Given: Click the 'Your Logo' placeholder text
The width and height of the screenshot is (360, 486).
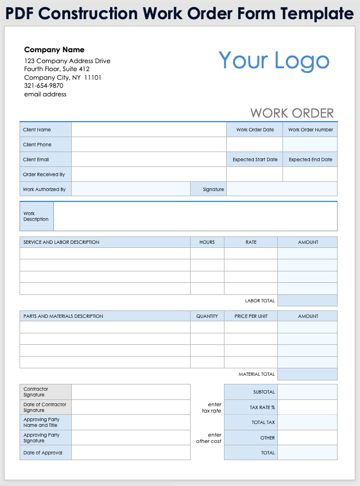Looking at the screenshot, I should pos(274,61).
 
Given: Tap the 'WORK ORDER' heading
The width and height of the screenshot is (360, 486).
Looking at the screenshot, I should pos(292,113).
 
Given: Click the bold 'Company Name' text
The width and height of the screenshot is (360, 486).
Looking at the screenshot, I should pos(54,50).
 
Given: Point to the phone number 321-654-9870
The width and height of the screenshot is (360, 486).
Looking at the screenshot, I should pos(44,85).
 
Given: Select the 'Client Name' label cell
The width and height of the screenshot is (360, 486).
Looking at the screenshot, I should pos(45,130).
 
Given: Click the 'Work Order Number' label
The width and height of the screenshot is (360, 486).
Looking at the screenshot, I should pos(310,130).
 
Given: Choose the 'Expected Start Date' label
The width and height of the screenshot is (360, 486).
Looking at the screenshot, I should pos(255,160).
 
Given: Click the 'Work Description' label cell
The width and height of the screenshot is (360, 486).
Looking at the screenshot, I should pos(36,216).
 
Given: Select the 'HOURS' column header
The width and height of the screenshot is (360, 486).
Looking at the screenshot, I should pos(207,242).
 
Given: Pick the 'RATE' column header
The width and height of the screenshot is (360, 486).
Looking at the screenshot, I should pos(251,242).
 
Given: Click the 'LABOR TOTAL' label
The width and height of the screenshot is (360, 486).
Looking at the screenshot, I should pos(260,301).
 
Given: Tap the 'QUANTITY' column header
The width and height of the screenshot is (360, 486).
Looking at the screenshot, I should pos(207,316).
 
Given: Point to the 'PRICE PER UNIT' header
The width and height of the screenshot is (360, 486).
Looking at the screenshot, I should pos(251,316).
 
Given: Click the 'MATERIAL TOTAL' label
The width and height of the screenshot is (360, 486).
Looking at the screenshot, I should pos(257,374).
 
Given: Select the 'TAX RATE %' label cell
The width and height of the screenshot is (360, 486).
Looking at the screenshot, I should pos(251,407).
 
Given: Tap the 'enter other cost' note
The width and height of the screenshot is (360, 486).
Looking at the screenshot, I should pos(208,438).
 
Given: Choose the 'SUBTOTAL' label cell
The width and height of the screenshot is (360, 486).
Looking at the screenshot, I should pos(251,392).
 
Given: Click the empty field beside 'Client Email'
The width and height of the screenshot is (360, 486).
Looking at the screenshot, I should pos(149,160).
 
